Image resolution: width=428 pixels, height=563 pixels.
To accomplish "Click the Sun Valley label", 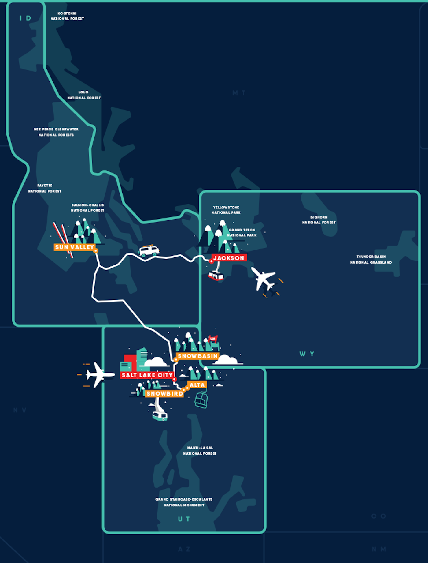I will point(74,247).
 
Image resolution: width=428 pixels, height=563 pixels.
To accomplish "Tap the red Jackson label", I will point(229,258).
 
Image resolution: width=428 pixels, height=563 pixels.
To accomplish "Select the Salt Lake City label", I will point(147,375).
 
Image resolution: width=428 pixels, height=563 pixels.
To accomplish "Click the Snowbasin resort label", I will point(197,356).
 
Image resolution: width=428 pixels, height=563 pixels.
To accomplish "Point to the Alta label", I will point(197,385).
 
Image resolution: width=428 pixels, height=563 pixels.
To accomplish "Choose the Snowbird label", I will point(164,394).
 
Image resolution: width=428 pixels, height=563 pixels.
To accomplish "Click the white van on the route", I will point(149,251).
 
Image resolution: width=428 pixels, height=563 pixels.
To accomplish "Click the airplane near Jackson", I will point(263,278).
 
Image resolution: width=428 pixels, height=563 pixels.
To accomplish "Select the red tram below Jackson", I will point(216,276).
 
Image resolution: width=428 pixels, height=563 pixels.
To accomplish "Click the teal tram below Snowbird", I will point(160,415).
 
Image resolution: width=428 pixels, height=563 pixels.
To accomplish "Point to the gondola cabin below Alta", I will point(201,400).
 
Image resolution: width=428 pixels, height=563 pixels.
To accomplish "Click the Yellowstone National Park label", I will point(226,210).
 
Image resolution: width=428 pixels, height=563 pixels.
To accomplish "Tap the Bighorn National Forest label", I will point(319,220).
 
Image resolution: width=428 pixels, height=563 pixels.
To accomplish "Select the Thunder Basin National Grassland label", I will point(371,260).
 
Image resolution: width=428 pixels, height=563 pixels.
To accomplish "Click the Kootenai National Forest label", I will point(67,16).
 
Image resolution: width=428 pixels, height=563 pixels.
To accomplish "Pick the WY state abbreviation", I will point(307,354).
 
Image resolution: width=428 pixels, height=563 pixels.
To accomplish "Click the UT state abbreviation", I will point(184,519).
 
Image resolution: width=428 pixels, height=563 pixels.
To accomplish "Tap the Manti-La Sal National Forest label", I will point(200,451).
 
